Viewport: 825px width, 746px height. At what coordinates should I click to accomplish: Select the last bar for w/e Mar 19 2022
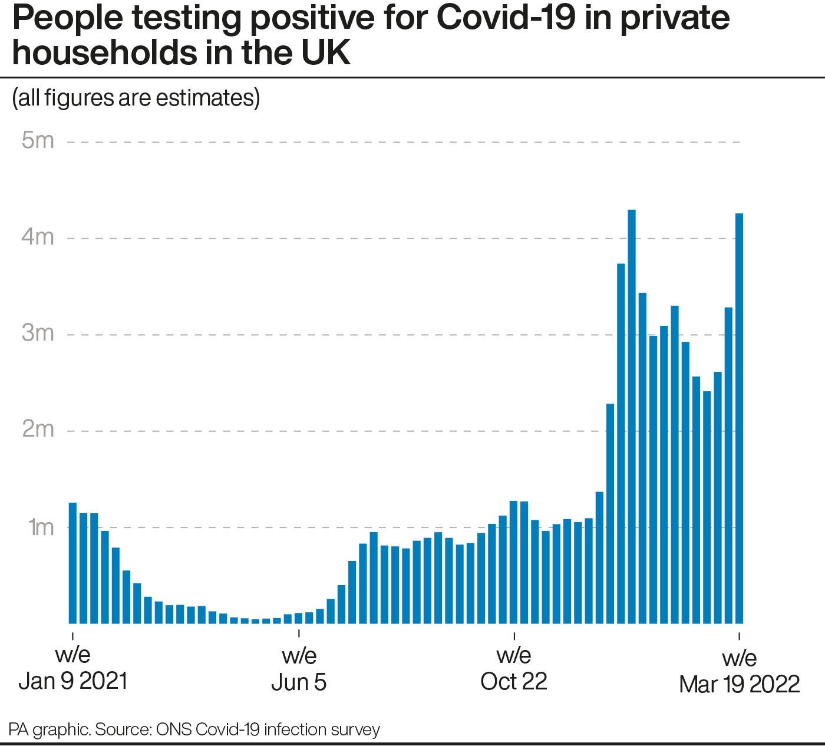tap(739, 418)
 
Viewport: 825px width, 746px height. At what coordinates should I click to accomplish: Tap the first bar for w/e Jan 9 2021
tap(73, 563)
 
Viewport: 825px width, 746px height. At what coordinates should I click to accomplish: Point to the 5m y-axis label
tap(38, 141)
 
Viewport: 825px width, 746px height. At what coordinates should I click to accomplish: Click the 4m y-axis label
tap(38, 237)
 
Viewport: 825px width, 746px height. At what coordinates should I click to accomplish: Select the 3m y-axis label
tap(38, 334)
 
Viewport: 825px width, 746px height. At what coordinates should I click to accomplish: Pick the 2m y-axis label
tap(38, 430)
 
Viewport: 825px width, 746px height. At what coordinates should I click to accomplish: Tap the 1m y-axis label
tap(41, 526)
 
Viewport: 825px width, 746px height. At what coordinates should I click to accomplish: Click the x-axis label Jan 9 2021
tap(73, 681)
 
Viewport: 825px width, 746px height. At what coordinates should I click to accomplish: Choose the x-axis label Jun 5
tap(299, 682)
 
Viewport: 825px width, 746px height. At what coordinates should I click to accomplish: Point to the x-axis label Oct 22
tap(514, 681)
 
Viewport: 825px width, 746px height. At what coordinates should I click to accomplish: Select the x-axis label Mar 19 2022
tap(739, 684)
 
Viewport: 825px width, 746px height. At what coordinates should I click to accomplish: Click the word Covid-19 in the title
tap(505, 18)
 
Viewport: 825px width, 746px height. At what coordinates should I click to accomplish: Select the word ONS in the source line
tap(174, 730)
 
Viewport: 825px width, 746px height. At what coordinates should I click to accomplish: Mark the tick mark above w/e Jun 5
tap(299, 634)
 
